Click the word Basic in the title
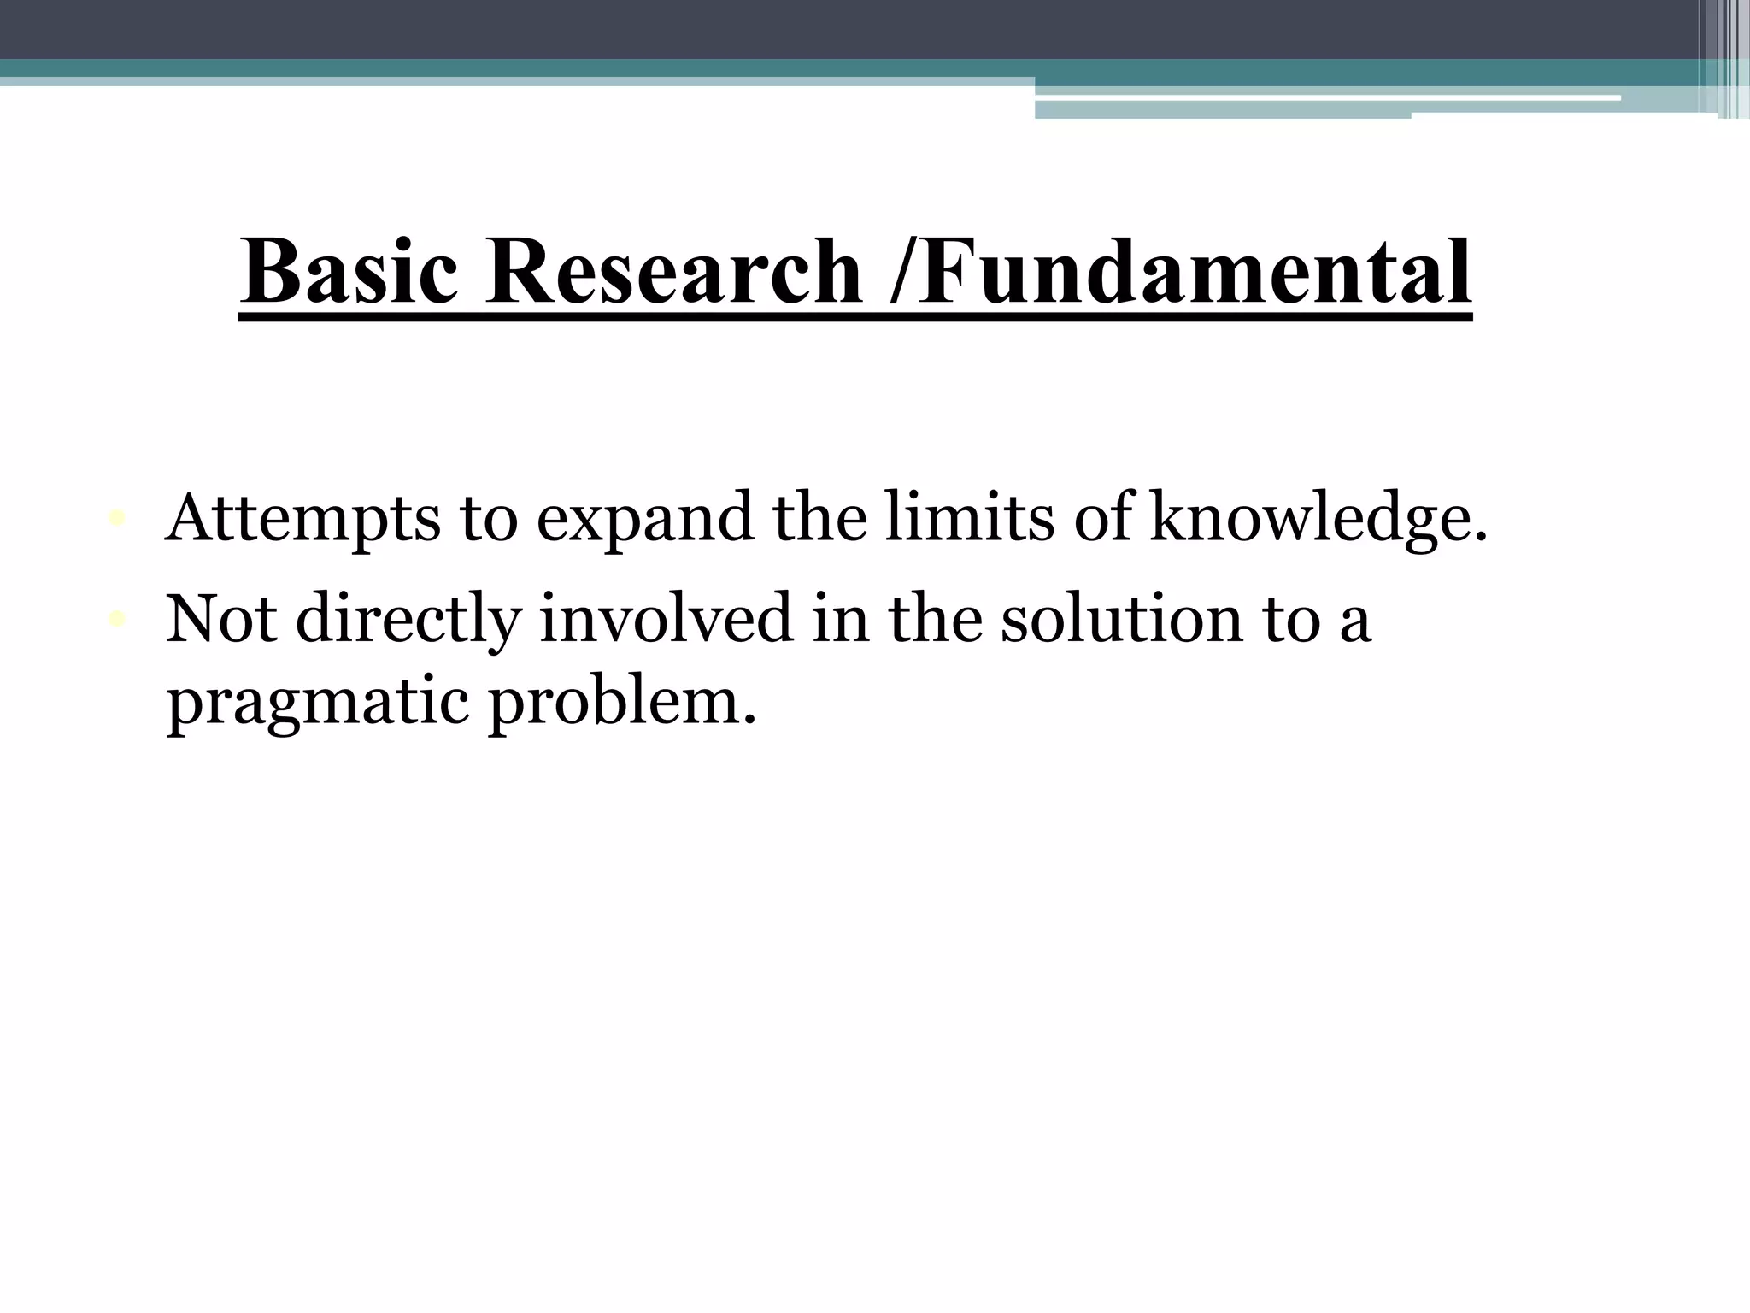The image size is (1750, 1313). click(349, 272)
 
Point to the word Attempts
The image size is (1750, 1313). click(302, 519)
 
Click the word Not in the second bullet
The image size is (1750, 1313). click(220, 617)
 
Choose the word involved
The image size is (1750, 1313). click(666, 617)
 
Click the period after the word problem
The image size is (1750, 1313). click(749, 718)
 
